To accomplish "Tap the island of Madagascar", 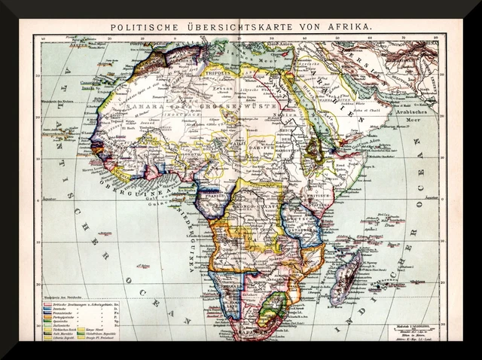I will click(x=347, y=276).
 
